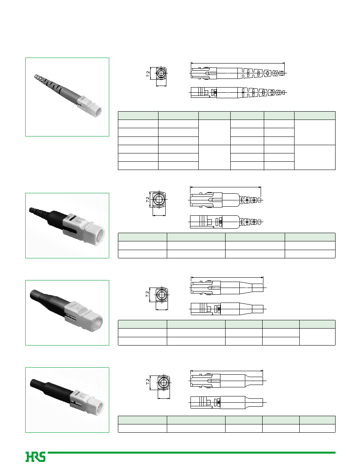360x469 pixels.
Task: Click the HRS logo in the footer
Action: tap(35, 456)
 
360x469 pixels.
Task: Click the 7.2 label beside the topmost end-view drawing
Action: tap(148, 74)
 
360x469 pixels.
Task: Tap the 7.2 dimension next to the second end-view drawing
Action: tap(148, 199)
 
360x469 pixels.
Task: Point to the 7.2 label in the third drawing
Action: tap(147, 294)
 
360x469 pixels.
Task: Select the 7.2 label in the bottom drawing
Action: tap(147, 382)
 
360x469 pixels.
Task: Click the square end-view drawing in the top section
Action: tap(162, 73)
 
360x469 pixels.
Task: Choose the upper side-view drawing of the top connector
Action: tap(238, 73)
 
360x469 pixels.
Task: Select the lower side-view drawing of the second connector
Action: tap(226, 222)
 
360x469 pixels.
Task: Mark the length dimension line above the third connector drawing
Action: tap(227, 277)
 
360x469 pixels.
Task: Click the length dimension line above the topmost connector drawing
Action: tap(238, 63)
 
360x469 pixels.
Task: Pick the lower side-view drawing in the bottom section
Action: tap(227, 402)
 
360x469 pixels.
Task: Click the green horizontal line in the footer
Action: tap(192, 452)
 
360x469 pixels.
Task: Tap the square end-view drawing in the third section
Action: tap(162, 294)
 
